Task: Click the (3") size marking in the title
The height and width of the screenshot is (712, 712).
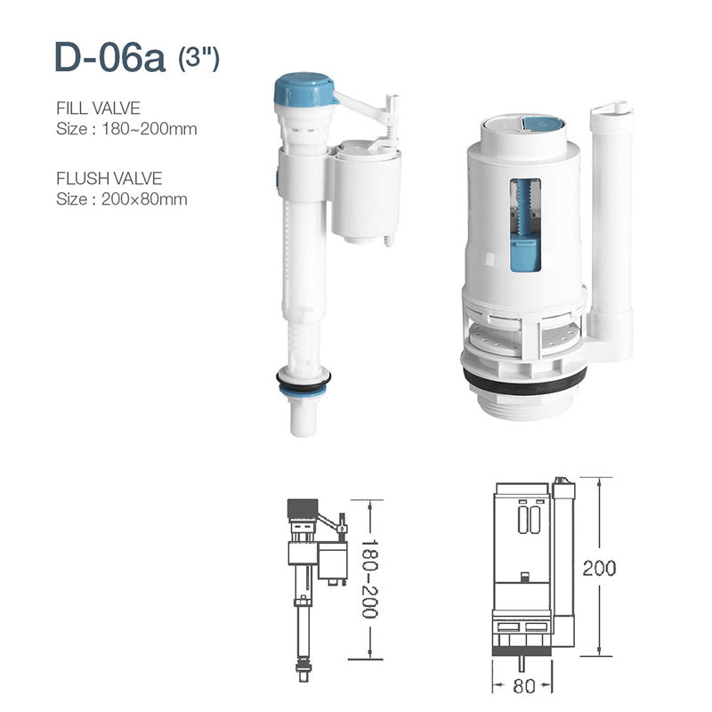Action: (198, 60)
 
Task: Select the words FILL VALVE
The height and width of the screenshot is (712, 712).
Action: (98, 109)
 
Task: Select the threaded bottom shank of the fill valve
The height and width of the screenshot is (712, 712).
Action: (302, 414)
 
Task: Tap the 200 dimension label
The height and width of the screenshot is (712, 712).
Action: (599, 568)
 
